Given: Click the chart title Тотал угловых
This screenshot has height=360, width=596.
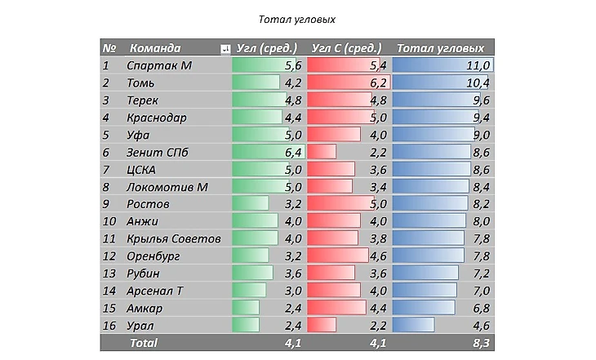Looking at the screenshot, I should (x=297, y=19).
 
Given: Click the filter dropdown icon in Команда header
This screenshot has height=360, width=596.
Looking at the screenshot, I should (x=225, y=50).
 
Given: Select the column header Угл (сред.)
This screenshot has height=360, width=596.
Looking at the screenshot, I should (x=267, y=48).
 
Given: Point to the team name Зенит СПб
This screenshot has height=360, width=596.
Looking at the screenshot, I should (x=158, y=152).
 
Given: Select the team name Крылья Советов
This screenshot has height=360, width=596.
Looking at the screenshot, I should (x=174, y=238).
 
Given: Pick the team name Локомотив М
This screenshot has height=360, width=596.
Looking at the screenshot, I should (x=167, y=187).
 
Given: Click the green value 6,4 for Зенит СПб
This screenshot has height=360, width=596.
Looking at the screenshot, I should (x=294, y=152).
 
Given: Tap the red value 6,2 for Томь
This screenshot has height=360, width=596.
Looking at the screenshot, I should (x=378, y=83).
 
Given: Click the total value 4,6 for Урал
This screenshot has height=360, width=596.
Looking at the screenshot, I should (x=480, y=325).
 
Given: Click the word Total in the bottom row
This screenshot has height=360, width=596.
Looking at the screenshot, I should (x=144, y=343).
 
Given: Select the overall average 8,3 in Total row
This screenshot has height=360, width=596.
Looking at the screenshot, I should (x=480, y=343).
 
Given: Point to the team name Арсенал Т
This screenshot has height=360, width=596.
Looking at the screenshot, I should (x=155, y=291).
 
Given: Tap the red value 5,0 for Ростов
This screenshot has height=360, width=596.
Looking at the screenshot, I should (x=378, y=204).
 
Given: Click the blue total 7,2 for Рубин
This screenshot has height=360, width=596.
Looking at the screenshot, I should (x=480, y=273).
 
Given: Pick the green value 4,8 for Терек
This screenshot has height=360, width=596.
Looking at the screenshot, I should (x=294, y=100).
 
